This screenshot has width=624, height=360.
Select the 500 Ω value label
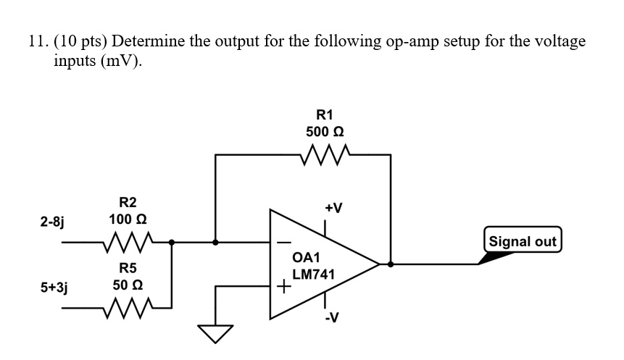[x=324, y=133]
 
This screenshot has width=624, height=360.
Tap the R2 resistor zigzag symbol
[x=127, y=240]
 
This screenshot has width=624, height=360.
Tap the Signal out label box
[x=523, y=241]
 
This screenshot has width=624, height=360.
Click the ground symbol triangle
[x=215, y=334]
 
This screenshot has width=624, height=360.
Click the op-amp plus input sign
[x=284, y=288]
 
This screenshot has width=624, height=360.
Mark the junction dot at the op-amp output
[x=391, y=264]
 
